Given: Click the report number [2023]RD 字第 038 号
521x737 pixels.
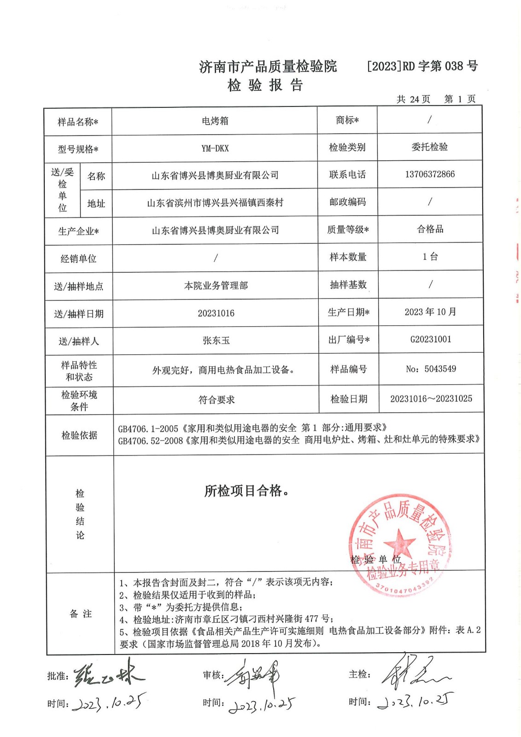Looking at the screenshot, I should point(422,66).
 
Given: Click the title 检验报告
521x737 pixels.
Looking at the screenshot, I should point(265,85).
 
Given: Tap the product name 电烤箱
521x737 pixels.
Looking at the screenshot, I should point(215,121).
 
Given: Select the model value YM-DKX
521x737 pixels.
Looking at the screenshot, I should point(215,148).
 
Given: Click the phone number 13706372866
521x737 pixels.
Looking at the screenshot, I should point(429,174).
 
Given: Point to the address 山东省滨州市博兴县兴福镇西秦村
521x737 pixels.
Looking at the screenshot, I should point(215,203).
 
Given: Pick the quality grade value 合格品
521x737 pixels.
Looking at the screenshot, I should point(430,229).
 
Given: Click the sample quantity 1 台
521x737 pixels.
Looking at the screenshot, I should point(430,257).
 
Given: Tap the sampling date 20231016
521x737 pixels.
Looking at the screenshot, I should point(216,313).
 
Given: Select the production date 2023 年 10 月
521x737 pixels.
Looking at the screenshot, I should point(430,312).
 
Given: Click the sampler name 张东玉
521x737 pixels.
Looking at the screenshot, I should point(216,340).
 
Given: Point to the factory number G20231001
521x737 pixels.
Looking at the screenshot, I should point(430,339).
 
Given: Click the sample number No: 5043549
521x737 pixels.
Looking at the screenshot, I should point(431,369).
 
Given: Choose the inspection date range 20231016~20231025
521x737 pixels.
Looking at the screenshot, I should point(431,399).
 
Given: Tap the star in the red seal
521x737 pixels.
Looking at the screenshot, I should point(399,542).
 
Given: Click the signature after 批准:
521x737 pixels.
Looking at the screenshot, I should point(108,675).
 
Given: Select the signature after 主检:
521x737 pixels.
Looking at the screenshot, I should point(415,673).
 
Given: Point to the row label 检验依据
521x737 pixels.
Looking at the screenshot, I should point(79,435).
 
